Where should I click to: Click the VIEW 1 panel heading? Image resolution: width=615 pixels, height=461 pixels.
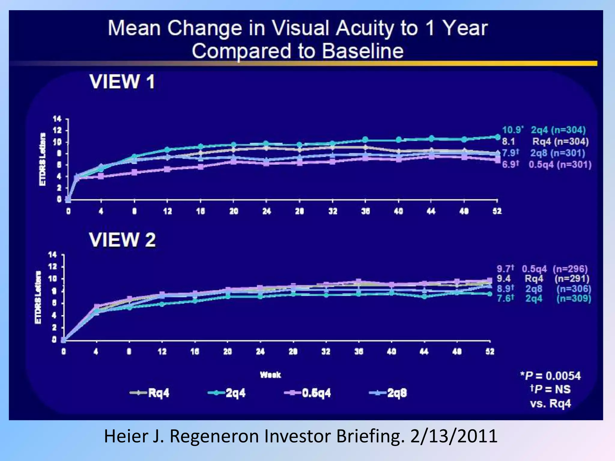pos(122,82)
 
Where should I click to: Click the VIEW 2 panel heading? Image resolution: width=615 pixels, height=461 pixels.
pos(122,240)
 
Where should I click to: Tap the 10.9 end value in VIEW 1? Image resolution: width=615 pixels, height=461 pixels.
pos(512,130)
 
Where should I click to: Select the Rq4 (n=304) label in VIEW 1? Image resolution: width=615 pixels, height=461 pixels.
pos(560,141)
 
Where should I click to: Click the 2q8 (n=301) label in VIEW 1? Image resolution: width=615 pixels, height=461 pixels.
pos(558,153)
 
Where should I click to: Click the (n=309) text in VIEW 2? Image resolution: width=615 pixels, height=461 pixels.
pos(574,299)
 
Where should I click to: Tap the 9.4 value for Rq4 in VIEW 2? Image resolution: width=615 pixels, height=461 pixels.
pos(504,279)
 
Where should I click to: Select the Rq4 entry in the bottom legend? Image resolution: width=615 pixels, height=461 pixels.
pos(158,393)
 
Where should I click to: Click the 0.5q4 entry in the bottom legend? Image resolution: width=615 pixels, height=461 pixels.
pos(316,393)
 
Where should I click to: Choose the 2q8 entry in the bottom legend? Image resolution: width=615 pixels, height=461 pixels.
pos(397,393)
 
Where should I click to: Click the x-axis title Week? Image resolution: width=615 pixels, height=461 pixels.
pos(270,375)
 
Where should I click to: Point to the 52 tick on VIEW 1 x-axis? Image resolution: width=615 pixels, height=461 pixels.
pos(497,211)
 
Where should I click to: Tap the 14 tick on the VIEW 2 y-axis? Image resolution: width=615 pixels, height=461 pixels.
pos(53,255)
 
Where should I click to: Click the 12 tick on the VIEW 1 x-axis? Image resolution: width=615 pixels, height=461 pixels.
pos(167,211)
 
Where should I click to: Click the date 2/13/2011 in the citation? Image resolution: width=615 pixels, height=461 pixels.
pos(453,436)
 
